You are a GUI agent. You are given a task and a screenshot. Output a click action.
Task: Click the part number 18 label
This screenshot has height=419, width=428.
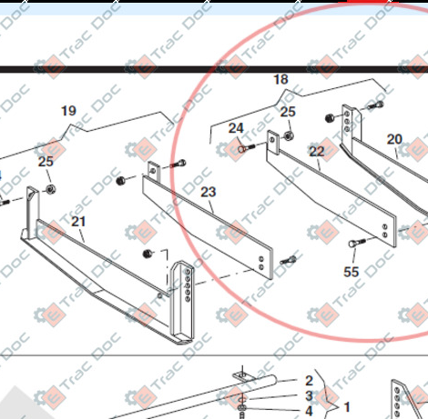(280, 80)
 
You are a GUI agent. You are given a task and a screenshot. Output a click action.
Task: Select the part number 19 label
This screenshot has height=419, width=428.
(68, 111)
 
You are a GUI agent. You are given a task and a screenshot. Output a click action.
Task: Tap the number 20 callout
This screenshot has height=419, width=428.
(394, 139)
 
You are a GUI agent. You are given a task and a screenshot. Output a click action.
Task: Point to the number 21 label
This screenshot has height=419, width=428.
(78, 222)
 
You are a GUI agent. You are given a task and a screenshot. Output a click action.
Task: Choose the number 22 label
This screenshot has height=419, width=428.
(316, 152)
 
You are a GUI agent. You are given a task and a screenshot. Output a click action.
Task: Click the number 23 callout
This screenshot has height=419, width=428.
(208, 192)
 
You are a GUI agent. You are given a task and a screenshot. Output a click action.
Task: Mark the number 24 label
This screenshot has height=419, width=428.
(236, 128)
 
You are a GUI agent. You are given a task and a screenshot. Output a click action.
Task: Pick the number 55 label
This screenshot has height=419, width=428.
(351, 271)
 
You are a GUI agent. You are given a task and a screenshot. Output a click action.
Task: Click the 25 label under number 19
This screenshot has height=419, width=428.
(46, 162)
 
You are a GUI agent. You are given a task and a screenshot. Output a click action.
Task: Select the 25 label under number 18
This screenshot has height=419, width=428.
(288, 112)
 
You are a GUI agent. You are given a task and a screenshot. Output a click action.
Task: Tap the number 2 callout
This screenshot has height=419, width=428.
(309, 380)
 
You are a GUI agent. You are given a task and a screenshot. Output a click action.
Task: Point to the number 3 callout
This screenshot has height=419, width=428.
(309, 395)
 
